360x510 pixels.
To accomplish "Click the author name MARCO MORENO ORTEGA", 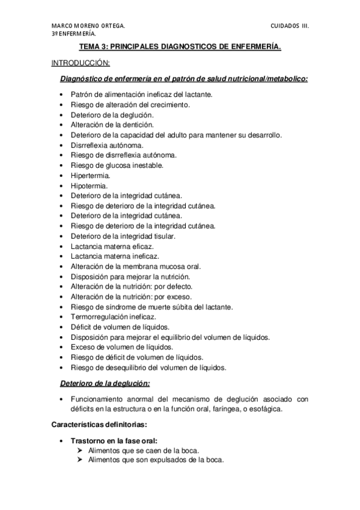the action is point(88,26).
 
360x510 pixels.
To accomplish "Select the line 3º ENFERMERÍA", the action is point(72,34).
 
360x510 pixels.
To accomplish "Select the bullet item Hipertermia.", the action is point(90,176).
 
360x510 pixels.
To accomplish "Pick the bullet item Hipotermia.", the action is point(90,186).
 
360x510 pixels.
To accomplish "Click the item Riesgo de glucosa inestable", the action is point(117,165).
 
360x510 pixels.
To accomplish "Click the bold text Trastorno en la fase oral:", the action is point(114,440).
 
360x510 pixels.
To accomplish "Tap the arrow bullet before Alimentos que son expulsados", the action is point(82,460).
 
